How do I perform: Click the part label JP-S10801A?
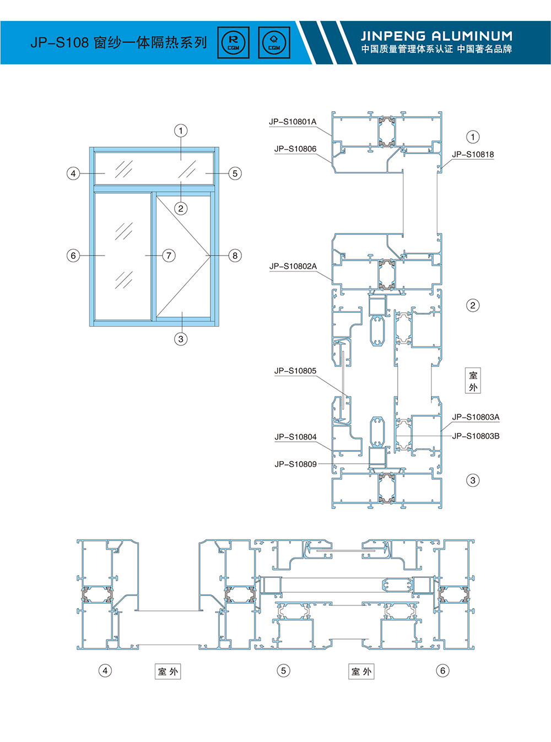pos(293,122)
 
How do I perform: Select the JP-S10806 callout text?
pos(295,149)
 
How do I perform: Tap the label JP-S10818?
pos(473,155)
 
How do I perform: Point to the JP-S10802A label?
pos(293,266)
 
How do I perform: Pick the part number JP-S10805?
pos(295,371)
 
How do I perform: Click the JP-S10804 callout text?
pos(295,437)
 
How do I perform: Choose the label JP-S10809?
pos(295,464)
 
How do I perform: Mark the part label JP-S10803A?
pos(476,417)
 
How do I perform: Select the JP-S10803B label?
pos(476,436)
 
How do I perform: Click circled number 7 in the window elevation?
pos(169,256)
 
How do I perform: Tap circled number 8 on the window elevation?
pos(235,256)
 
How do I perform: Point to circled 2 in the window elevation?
pos(181,209)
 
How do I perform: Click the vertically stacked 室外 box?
pos(473,381)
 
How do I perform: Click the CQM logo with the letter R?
pos(233,42)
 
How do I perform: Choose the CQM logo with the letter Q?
pos(274,42)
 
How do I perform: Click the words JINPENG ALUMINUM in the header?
pos(436,36)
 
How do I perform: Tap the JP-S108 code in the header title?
pos(60,43)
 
